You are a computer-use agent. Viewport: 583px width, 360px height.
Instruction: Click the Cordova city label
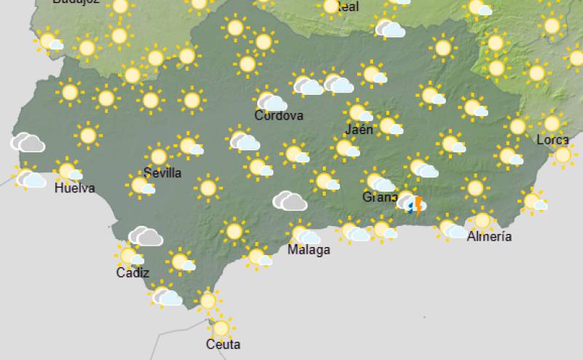[278, 116]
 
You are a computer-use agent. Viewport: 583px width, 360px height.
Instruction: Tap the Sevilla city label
[163, 173]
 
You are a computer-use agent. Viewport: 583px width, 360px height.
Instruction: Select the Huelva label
[75, 189]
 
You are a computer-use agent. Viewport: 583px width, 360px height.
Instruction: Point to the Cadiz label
[133, 273]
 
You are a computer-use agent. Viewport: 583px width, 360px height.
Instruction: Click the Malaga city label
[308, 250]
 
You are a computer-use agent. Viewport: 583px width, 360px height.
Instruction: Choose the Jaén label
[359, 130]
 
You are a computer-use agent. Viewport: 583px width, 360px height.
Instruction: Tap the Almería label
[489, 236]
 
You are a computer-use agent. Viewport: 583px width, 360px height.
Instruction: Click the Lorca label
[552, 140]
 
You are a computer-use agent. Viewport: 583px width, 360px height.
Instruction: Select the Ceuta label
[223, 344]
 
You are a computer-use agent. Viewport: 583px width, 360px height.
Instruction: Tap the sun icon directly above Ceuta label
[221, 328]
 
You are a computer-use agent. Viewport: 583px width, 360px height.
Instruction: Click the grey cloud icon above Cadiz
[146, 236]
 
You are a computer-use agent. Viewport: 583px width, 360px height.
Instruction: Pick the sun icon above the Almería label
[482, 219]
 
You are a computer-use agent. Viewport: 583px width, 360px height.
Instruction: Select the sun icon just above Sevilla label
[158, 156]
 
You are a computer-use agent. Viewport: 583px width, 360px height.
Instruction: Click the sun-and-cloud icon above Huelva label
[69, 172]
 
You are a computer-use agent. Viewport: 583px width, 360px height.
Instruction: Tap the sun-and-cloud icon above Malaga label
[305, 235]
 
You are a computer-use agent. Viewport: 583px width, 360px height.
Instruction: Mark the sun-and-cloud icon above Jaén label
[359, 113]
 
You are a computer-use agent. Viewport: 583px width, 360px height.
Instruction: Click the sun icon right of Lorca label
[563, 154]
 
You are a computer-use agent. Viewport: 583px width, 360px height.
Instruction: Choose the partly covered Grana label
[380, 197]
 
